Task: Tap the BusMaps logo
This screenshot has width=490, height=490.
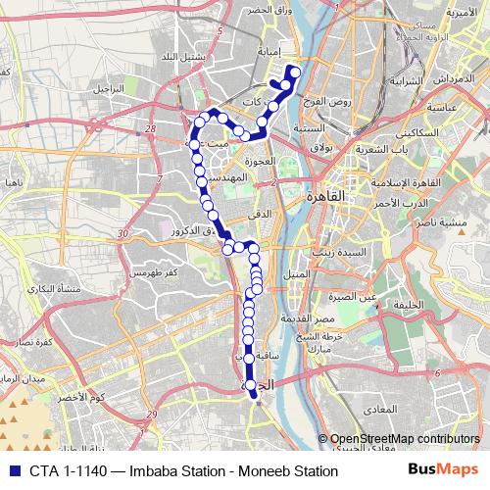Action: [x=444, y=471]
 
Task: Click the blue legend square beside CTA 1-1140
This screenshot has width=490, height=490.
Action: [x=12, y=471]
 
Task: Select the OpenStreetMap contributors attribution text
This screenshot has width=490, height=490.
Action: [x=405, y=439]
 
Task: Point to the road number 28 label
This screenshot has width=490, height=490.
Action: [x=150, y=128]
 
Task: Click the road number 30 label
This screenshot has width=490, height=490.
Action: [x=122, y=233]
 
